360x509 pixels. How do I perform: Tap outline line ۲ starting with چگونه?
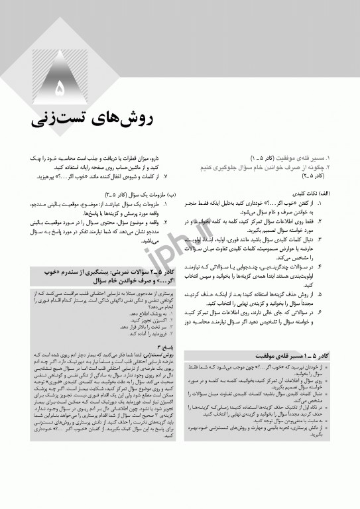click(278, 168)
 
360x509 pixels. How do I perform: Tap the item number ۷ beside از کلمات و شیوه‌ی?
click(165, 176)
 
